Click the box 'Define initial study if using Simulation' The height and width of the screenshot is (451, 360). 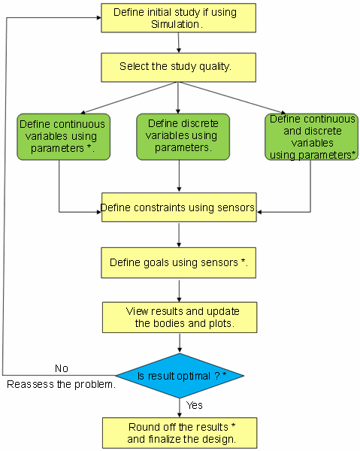[178, 18]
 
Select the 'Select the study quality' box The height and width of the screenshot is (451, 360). [178, 68]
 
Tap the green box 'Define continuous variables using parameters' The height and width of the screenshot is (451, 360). [64, 137]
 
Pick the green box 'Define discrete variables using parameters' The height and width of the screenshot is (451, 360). [183, 137]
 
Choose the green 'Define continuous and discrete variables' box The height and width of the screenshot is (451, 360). [311, 137]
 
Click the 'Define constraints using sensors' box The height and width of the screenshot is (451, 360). [179, 207]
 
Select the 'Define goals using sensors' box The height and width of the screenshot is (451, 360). [178, 262]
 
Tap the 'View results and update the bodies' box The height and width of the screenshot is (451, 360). [180, 317]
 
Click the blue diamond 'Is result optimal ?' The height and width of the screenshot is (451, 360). [180, 376]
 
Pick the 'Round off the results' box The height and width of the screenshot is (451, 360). [180, 433]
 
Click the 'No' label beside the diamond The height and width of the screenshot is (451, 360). [62, 368]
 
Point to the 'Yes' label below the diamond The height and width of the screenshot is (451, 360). [195, 405]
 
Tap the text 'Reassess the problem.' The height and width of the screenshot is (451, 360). [61, 384]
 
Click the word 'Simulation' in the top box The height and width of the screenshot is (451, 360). [175, 24]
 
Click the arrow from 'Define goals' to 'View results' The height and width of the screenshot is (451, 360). [179, 290]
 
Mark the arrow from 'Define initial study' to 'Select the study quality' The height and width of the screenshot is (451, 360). [179, 43]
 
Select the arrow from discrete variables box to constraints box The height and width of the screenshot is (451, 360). [179, 176]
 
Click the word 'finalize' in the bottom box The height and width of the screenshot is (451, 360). [164, 439]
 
